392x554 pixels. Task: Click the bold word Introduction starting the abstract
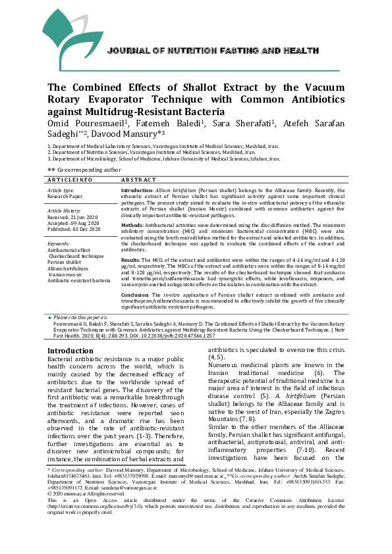(x=137, y=189)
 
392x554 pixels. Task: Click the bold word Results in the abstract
(x=131, y=260)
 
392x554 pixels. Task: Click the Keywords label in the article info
(x=59, y=243)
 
